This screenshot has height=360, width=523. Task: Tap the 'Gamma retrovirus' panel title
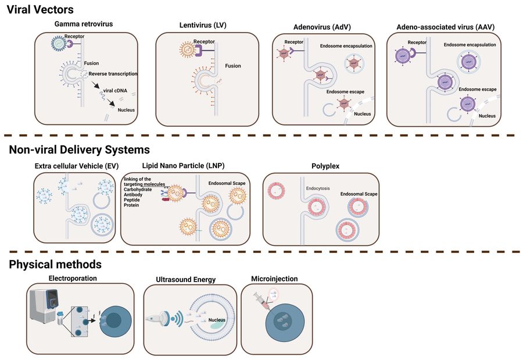(x=84, y=24)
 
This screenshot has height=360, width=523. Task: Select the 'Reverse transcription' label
(x=113, y=74)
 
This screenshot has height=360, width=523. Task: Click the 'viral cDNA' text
(x=115, y=91)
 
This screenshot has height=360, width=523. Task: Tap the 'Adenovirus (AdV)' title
(x=321, y=27)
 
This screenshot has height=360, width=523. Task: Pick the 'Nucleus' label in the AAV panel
(x=487, y=116)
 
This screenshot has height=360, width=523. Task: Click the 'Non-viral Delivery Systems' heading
(x=79, y=150)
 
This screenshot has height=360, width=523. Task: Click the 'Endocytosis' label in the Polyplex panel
(x=318, y=189)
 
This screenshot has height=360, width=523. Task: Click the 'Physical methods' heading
(x=55, y=265)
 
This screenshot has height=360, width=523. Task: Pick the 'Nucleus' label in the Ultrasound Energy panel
(x=218, y=320)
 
